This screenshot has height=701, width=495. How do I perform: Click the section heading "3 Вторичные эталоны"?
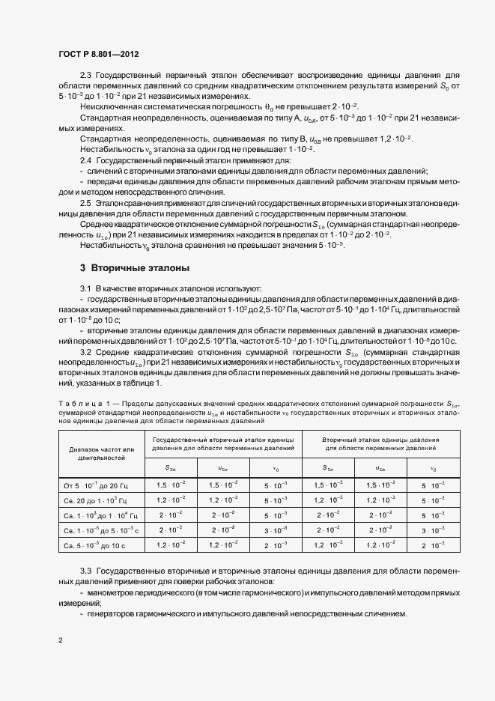tap(133, 268)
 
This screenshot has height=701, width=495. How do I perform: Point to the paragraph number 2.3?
tap(85, 76)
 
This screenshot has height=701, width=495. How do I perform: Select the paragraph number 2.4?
tap(85, 161)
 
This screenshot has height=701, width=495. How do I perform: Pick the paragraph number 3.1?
tap(85, 288)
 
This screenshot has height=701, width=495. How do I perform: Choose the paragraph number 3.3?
tap(85, 571)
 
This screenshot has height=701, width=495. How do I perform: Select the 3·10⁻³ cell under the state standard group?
tap(276, 530)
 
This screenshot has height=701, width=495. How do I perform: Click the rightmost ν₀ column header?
tap(432, 469)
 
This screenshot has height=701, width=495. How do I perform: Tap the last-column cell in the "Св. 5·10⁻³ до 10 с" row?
tap(432, 546)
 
